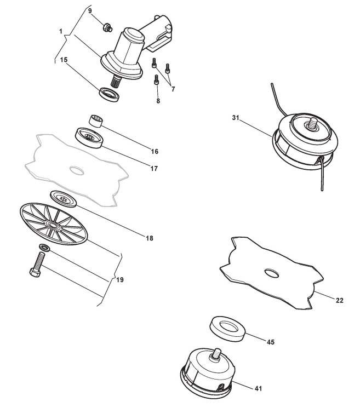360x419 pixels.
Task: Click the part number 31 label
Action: tap(236, 118)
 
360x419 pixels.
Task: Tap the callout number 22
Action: tap(339, 300)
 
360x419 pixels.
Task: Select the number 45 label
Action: tap(270, 342)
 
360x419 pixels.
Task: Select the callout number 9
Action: tap(90, 10)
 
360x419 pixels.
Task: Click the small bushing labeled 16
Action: tap(97, 121)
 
